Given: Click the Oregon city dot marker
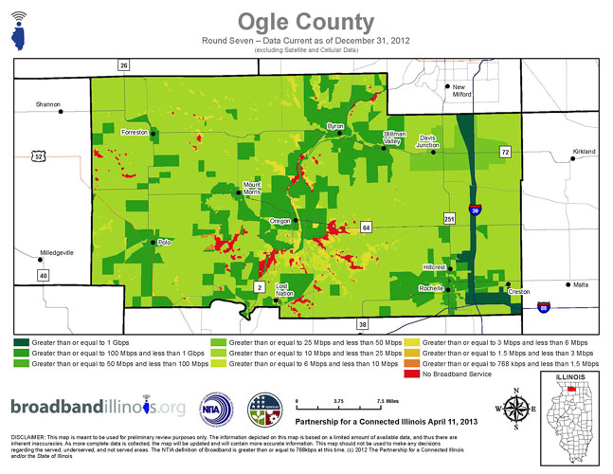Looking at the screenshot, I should point(296,220).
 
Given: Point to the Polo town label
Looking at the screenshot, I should point(164,243).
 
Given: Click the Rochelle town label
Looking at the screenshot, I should point(431,287).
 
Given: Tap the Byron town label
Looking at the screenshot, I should point(334,125).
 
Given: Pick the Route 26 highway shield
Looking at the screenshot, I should point(123,65).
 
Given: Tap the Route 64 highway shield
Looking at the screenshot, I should point(365,228).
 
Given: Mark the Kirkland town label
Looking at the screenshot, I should point(585,152).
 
